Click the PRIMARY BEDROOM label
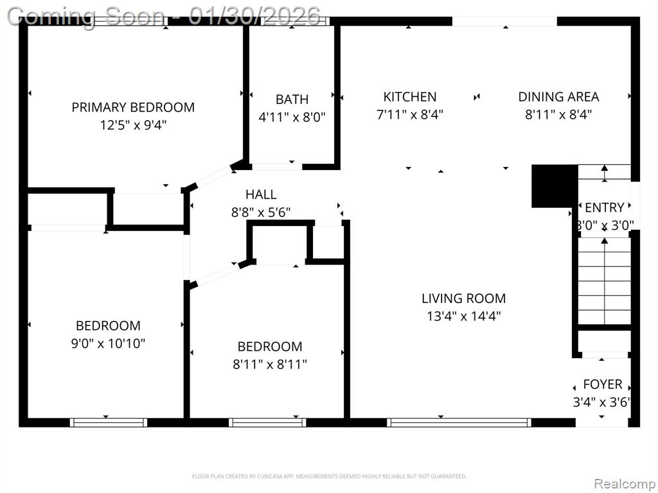coord(133,107)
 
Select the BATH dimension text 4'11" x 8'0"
coord(292,117)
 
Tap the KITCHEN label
coord(410,97)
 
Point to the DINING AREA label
coord(558,97)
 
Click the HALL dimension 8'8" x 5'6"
coord(261,212)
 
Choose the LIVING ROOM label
coord(464,298)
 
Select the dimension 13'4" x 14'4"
coord(464,316)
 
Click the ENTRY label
coord(604,207)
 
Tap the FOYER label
coord(603,385)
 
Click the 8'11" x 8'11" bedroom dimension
coord(270,365)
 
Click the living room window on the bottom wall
coord(459,422)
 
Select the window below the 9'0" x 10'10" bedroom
coord(108,422)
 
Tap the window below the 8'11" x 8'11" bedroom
coord(267,422)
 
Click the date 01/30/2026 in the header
coord(254,16)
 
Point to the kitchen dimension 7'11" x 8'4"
coord(410,114)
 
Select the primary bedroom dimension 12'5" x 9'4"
coord(133,125)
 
